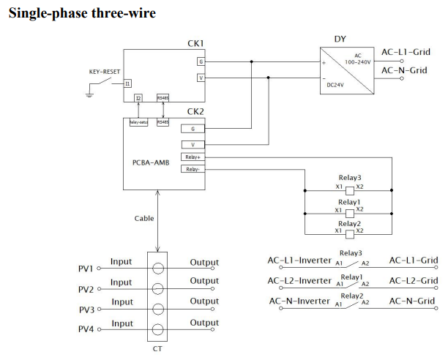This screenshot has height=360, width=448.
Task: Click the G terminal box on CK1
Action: (x=201, y=61)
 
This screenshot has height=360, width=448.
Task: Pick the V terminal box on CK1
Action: (x=201, y=77)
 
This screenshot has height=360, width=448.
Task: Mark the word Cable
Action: (x=143, y=218)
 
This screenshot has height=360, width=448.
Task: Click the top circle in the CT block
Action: (x=157, y=269)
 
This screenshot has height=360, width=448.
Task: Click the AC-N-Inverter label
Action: (x=300, y=301)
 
